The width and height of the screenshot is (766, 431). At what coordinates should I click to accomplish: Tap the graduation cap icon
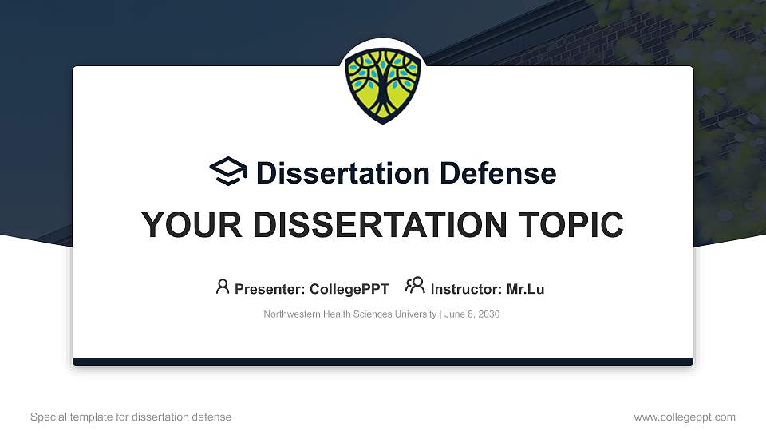(228, 172)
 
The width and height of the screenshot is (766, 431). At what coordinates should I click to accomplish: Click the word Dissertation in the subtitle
(332, 173)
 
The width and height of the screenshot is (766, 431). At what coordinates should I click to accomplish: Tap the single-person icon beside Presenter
(223, 287)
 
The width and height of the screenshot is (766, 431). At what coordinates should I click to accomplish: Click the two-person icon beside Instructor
(415, 286)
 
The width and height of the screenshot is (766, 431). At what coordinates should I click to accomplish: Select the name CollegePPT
(349, 289)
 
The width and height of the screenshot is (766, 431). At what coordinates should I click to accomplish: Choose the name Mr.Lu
(525, 289)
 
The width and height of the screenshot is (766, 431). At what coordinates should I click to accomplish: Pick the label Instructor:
(466, 289)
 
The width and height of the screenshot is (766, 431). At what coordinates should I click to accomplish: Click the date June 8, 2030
(472, 314)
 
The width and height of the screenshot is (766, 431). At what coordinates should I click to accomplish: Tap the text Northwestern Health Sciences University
(349, 314)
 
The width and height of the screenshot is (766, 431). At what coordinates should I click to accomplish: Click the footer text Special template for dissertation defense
(131, 417)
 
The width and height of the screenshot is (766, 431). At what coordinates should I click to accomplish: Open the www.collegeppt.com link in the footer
(685, 417)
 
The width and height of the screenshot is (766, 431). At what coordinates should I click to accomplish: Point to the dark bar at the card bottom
(383, 362)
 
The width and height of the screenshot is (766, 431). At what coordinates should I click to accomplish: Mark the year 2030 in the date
(488, 314)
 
